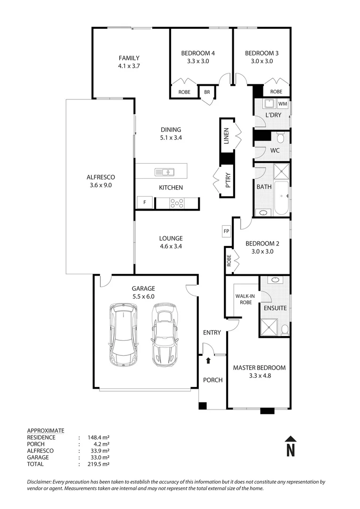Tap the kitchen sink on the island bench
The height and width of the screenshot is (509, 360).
click(164, 172)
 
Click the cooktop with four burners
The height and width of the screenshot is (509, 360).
click(177, 203)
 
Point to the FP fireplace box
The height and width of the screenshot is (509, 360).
click(226, 231)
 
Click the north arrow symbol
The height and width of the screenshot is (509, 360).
click(291, 445)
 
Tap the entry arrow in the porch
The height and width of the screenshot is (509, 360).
click(209, 361)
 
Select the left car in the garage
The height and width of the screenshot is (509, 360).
click(123, 335)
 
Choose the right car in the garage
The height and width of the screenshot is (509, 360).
click(164, 335)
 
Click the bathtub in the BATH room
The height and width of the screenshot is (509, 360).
click(281, 197)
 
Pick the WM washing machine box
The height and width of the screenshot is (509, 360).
click(283, 104)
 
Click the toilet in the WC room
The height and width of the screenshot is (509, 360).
click(281, 138)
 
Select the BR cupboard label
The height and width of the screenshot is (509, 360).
click(207, 92)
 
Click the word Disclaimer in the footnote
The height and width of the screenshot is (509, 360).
click(41, 482)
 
